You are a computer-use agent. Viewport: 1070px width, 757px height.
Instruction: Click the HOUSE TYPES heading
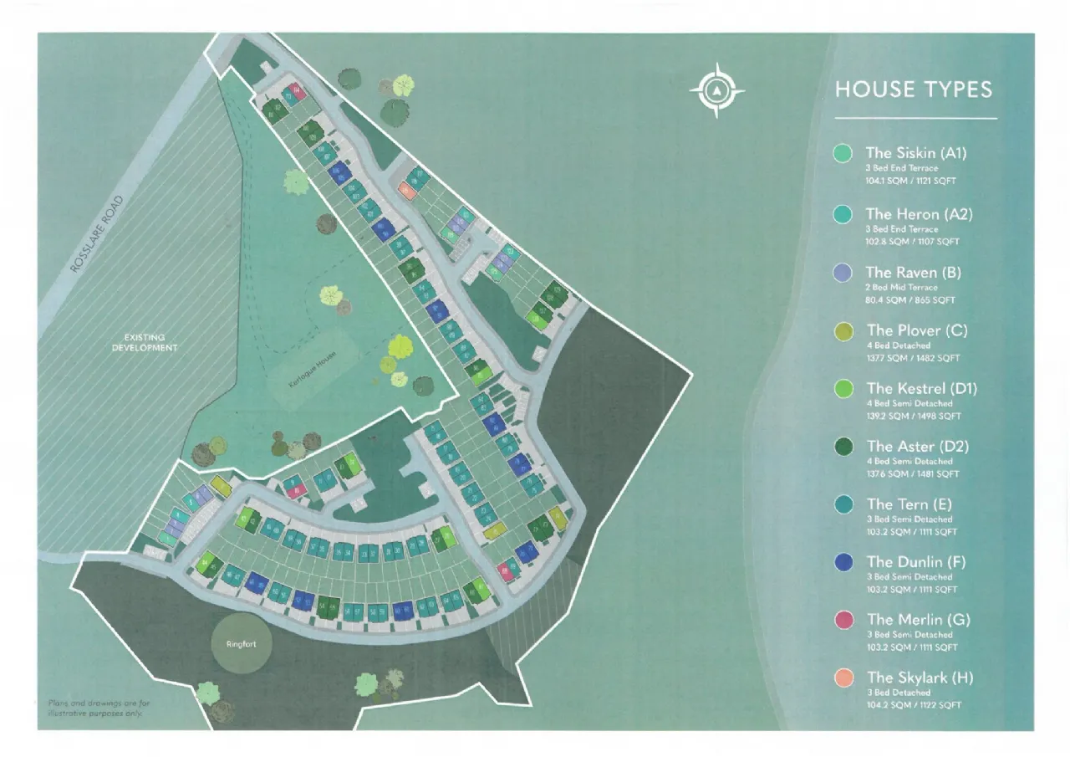click(x=914, y=90)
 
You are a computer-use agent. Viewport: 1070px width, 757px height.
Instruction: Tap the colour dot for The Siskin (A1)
click(x=843, y=153)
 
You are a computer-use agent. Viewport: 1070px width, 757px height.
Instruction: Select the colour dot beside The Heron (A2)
click(x=843, y=214)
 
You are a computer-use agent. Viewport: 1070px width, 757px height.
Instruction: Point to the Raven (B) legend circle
click(x=843, y=273)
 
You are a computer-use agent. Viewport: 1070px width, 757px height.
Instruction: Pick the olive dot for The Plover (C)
click(x=843, y=331)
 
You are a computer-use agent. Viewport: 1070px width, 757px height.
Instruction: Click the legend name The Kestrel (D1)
click(x=921, y=388)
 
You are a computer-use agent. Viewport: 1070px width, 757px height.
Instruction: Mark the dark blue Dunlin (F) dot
click(x=843, y=562)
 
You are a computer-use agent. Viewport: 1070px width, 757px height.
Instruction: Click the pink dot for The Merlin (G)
click(x=843, y=620)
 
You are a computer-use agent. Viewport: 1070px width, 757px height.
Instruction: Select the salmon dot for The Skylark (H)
click(x=843, y=678)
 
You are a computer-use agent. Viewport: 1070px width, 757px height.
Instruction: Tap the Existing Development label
click(x=145, y=342)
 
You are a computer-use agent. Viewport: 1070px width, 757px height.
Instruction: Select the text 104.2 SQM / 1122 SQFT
click(x=914, y=705)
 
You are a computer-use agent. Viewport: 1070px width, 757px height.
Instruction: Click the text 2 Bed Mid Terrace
click(x=901, y=287)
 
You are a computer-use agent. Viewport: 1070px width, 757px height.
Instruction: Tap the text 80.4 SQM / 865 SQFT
click(x=909, y=299)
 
